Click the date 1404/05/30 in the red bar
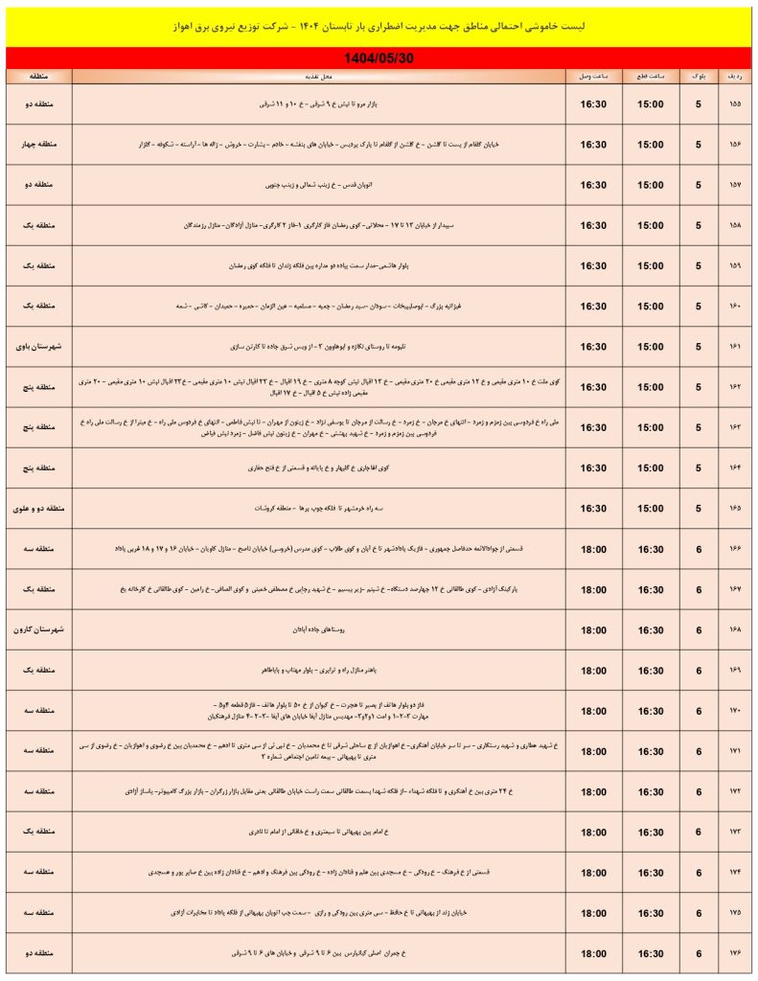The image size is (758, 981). coord(379,58)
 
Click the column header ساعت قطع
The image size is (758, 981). coord(648,75)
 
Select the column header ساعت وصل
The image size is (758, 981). coord(593,75)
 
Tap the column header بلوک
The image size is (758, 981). coord(698,75)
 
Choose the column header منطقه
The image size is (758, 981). coord(39,75)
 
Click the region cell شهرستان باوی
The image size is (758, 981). coord(39,347)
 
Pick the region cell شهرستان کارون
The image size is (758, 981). coord(39,630)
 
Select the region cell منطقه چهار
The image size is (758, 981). coord(39,145)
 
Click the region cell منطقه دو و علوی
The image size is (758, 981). coord(39,509)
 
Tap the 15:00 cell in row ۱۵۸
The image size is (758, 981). coord(648,226)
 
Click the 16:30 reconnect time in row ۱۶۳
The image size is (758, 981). coord(593,428)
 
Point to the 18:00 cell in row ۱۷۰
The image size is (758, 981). coord(593,711)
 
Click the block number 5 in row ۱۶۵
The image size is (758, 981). coord(698,509)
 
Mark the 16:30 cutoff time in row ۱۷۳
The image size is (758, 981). coord(648,833)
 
